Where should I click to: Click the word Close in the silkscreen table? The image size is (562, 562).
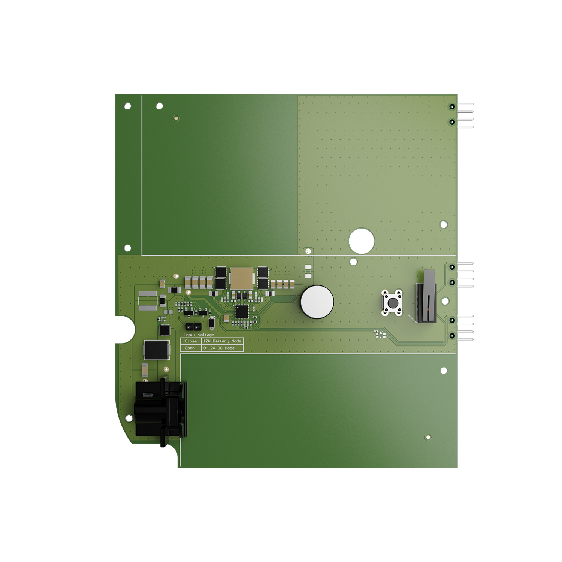click(x=191, y=341)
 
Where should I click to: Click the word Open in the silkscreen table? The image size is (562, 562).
click(x=190, y=348)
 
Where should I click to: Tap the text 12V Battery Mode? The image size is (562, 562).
click(x=222, y=341)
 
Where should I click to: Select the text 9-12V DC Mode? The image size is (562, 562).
click(x=219, y=348)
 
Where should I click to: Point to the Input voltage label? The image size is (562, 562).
click(x=199, y=335)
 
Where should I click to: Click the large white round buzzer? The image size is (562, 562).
click(x=317, y=302)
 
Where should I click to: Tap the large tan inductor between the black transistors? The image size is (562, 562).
click(x=242, y=278)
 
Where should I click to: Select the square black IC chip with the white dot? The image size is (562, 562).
click(x=242, y=311)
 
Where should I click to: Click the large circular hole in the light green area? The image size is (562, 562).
click(x=362, y=241)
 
